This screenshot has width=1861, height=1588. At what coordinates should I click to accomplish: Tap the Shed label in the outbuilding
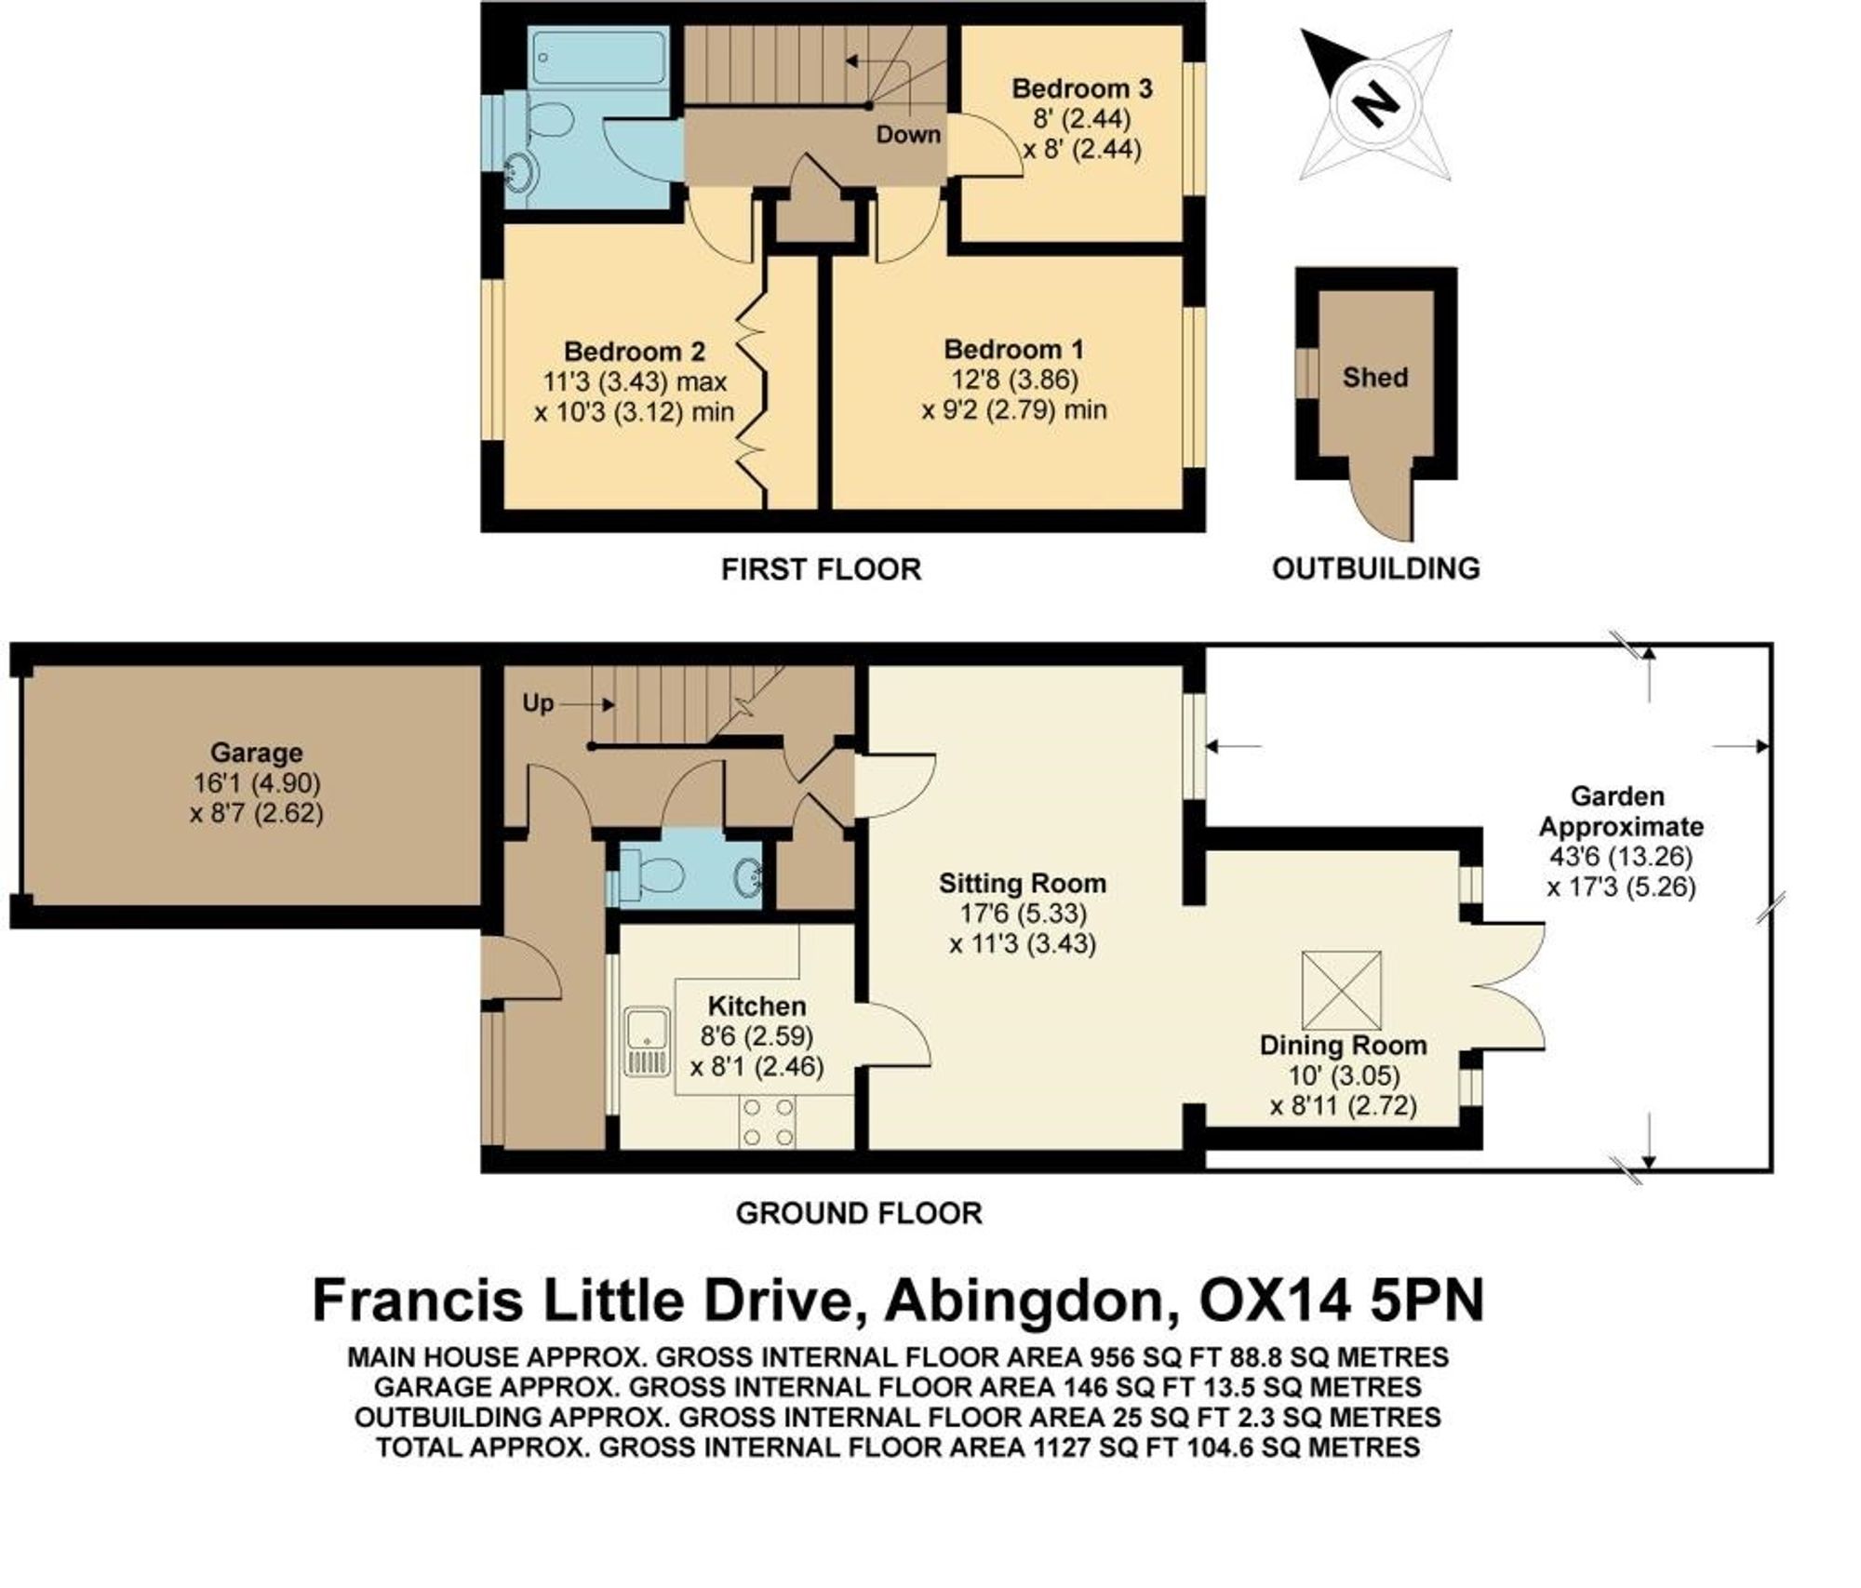[x=1374, y=378]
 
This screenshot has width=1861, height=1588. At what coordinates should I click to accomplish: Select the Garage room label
[x=256, y=753]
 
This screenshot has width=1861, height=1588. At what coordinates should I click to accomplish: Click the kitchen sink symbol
[x=646, y=1042]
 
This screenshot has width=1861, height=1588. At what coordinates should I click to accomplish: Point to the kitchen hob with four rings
[x=768, y=1122]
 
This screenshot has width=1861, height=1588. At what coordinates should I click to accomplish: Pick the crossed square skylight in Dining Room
[x=1341, y=990]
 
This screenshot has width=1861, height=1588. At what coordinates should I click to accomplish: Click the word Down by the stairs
[x=907, y=135]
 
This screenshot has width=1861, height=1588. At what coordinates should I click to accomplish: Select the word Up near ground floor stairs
[x=537, y=703]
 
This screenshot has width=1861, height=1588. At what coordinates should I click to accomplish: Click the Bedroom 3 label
[x=1081, y=89]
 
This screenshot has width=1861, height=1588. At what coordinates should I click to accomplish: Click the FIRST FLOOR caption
[x=821, y=569]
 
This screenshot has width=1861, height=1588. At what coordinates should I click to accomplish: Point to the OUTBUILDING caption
[x=1375, y=568]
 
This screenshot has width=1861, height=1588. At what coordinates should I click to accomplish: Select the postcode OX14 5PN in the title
[x=1341, y=1301]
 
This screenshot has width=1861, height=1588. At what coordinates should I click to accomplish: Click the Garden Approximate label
[x=1620, y=811]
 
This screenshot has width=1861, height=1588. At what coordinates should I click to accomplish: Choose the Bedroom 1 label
[x=1013, y=350]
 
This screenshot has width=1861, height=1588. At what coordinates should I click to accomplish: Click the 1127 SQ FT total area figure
[x=1090, y=1448]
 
